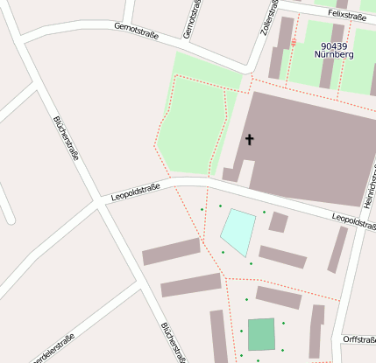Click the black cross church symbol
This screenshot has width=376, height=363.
pos(249,139)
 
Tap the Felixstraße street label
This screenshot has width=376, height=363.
pos(346,15)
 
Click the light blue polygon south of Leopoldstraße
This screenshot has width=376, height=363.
pos(238,230)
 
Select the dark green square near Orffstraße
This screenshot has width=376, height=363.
pos(260,334)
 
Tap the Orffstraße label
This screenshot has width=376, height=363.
pos(359,339)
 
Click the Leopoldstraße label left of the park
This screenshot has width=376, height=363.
pos(135,192)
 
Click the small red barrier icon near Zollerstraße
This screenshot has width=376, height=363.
pos(293,42)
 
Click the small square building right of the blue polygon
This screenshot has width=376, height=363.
pos(278,222)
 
